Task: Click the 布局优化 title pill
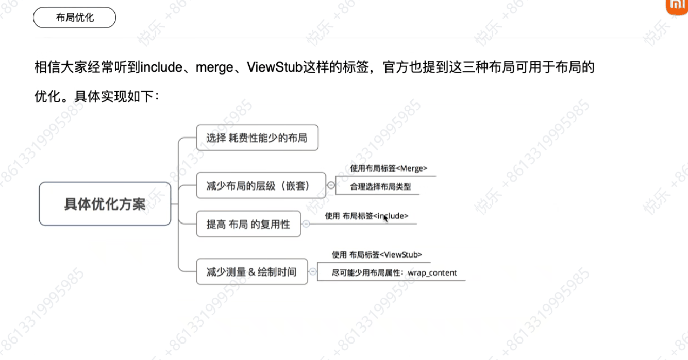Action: pos(75,18)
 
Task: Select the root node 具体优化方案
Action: pos(105,204)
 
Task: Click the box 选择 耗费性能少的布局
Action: pos(257,138)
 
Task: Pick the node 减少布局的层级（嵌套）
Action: pos(261,185)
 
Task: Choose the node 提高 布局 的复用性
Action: pos(248,224)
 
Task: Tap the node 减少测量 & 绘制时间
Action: pos(252,271)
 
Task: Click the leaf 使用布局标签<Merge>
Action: pos(389,168)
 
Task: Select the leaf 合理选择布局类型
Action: pos(380,186)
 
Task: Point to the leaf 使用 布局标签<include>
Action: pos(366,216)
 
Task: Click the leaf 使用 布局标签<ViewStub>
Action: pos(377,255)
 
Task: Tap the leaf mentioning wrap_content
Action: pos(394,273)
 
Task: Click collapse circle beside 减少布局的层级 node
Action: pos(331,185)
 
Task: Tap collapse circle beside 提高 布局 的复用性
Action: pos(306,224)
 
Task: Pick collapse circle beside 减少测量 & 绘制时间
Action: pos(313,271)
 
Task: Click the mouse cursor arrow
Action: pos(385,218)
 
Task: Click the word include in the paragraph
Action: pos(161,67)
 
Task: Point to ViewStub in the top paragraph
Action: pos(275,67)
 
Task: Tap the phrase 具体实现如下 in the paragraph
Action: pos(113,97)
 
